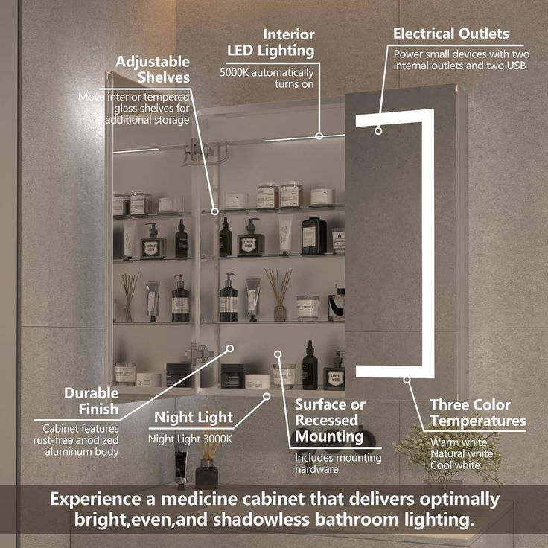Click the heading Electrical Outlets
click(x=451, y=34)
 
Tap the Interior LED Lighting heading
click(x=271, y=42)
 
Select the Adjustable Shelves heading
click(x=153, y=69)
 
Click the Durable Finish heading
click(x=92, y=401)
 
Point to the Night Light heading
click(x=194, y=417)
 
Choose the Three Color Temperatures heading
click(x=478, y=412)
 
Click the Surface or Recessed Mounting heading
click(x=330, y=421)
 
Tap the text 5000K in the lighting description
click(x=234, y=73)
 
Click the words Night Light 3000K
click(x=190, y=439)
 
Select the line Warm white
click(x=459, y=442)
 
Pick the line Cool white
click(x=455, y=465)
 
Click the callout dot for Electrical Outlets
click(x=378, y=131)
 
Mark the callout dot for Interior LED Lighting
click(x=319, y=136)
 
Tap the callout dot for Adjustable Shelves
click(x=214, y=211)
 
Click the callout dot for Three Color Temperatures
click(x=407, y=380)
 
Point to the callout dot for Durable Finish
click(x=230, y=348)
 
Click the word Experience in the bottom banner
click(x=96, y=500)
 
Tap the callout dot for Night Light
click(x=267, y=396)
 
